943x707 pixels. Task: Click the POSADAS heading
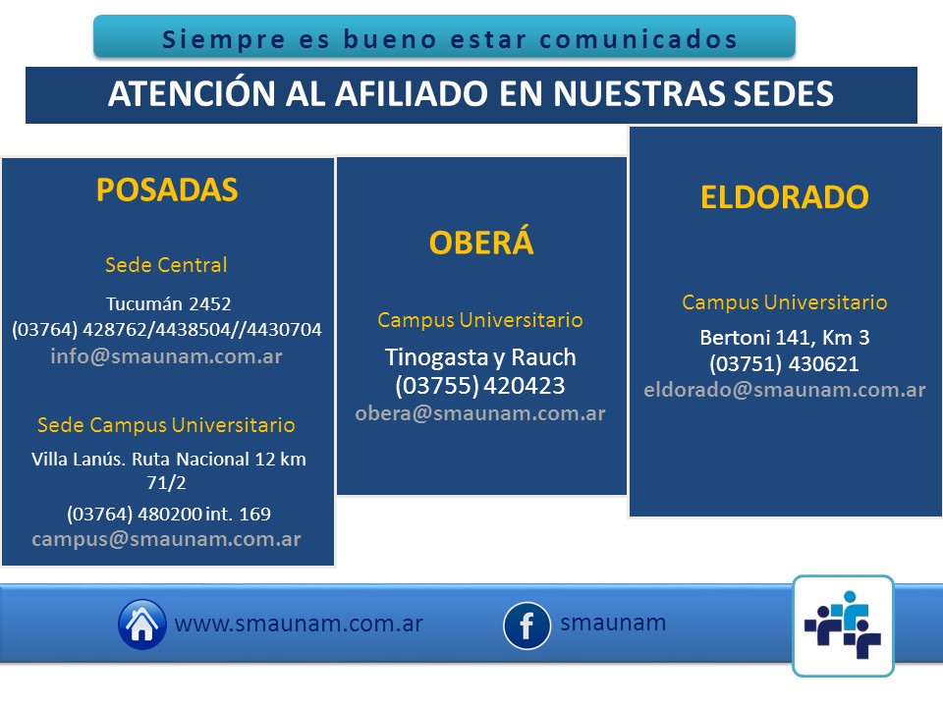[167, 190]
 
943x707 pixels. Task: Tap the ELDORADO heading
[785, 197]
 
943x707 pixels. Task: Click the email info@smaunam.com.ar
[167, 355]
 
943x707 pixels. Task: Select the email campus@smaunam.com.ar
[167, 539]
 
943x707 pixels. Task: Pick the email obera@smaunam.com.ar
[480, 413]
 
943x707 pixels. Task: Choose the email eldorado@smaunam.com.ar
[785, 390]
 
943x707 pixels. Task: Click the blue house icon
[141, 625]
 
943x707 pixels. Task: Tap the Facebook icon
[527, 625]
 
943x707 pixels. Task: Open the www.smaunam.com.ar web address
[299, 625]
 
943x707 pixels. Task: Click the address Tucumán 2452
[168, 303]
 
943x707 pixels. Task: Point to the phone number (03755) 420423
[480, 385]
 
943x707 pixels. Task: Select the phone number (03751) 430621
[784, 363]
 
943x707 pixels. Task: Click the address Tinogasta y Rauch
[480, 357]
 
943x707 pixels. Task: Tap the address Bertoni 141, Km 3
[785, 337]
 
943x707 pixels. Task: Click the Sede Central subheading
[167, 264]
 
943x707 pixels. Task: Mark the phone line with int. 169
[169, 514]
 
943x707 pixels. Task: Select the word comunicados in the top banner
[638, 39]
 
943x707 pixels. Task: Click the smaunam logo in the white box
[843, 625]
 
